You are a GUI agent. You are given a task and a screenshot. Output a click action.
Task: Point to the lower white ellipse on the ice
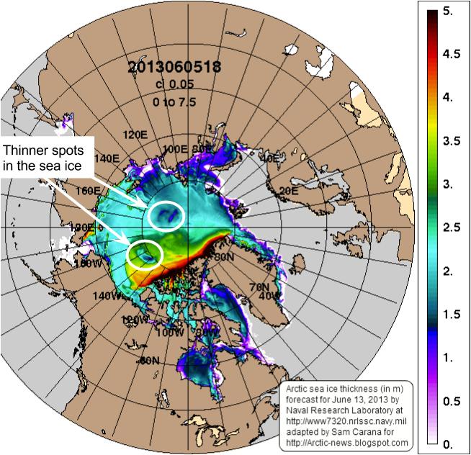point(145,254)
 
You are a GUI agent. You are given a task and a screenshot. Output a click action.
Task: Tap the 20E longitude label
point(289,190)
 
